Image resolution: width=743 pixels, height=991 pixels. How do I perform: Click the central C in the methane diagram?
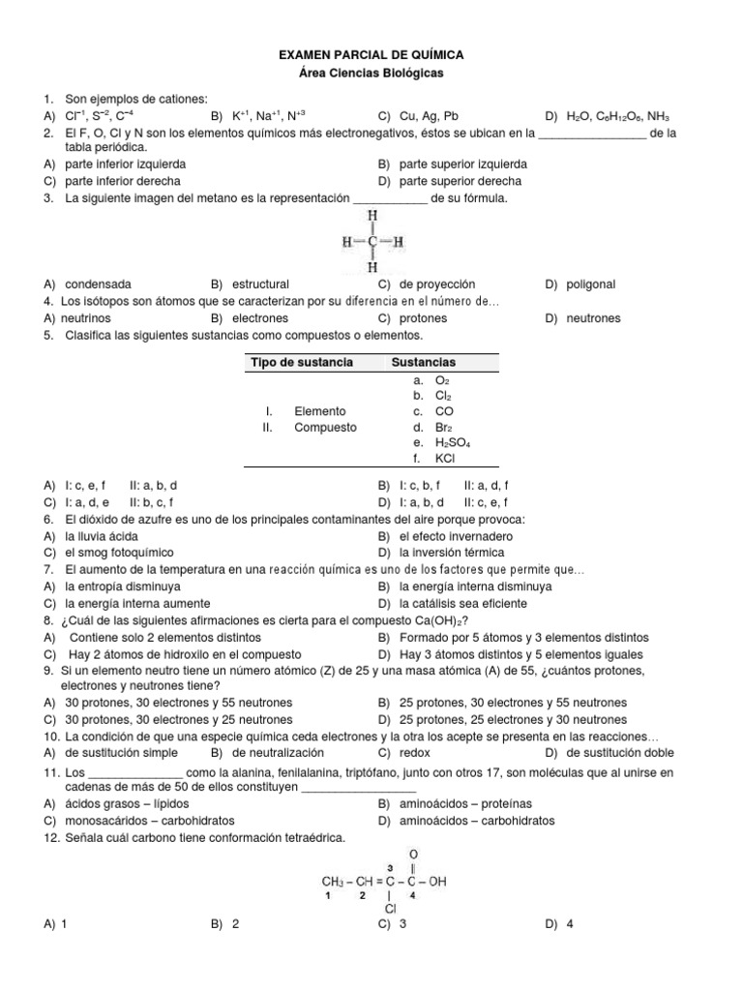click(x=372, y=241)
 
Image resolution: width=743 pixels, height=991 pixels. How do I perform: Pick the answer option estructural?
click(x=258, y=285)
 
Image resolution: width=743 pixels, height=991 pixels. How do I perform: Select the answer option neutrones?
click(x=593, y=317)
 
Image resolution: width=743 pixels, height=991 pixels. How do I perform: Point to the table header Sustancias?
click(x=423, y=362)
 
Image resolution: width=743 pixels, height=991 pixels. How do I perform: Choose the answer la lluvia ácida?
click(x=102, y=536)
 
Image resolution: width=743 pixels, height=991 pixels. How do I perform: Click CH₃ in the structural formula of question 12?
click(x=334, y=882)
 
